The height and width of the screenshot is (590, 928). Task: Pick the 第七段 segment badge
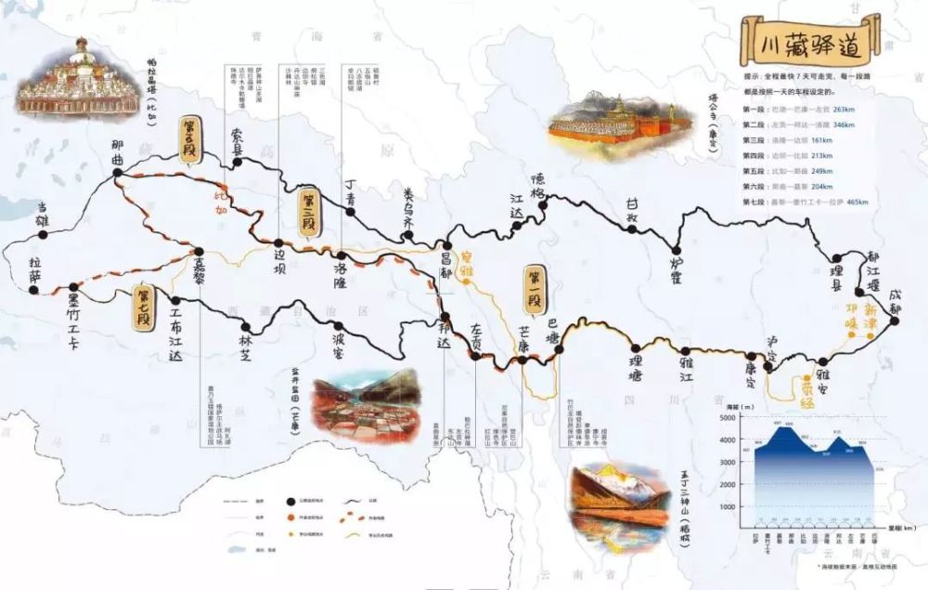coord(147,299)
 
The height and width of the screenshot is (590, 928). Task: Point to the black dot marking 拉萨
coord(32,290)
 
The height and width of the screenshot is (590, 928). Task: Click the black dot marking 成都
coord(895,321)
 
